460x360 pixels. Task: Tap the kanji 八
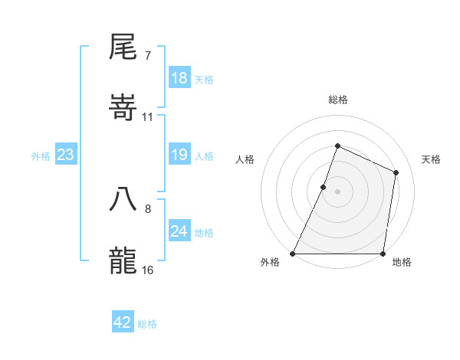pos(123,199)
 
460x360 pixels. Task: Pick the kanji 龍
pos(123,260)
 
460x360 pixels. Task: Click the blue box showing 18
pos(179,78)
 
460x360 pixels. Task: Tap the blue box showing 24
pos(179,231)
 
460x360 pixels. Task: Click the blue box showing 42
pos(123,322)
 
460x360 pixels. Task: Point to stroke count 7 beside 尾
pos(147,56)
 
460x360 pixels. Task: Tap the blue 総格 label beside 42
pos(147,324)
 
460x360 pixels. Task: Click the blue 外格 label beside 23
pos(41,156)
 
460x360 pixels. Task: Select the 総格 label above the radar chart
pos(337,100)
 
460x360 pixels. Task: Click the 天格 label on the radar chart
pos(432,159)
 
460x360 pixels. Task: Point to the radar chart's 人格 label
pos(245,159)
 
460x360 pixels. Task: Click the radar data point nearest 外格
pos(293,254)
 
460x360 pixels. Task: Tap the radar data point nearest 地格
pos(383,254)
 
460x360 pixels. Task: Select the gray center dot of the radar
pos(337,191)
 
